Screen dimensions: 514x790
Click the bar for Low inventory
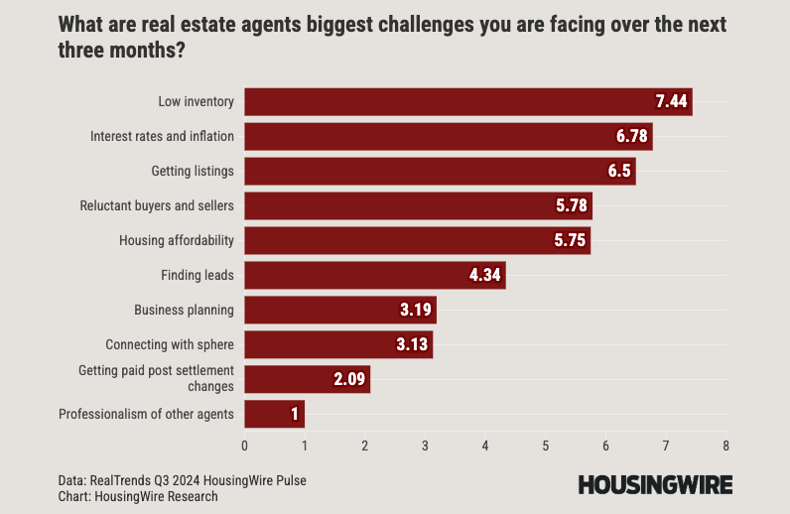click(467, 101)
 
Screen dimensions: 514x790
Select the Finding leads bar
click(375, 275)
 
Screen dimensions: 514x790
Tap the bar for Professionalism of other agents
click(274, 414)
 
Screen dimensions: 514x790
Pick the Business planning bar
click(339, 310)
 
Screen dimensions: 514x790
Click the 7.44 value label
click(672, 101)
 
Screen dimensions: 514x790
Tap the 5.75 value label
click(570, 240)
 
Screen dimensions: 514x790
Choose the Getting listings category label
click(193, 171)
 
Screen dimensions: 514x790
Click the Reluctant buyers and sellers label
click(157, 205)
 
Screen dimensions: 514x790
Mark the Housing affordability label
click(177, 240)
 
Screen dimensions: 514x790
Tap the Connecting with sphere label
click(170, 344)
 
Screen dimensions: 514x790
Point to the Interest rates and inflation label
click(162, 136)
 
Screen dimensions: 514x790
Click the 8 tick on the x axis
click(726, 446)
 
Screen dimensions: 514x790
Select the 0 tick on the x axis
click(245, 446)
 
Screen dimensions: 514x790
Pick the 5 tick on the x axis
click(546, 446)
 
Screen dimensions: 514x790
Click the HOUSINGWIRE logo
click(655, 484)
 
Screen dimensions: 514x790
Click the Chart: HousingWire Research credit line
click(138, 496)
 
